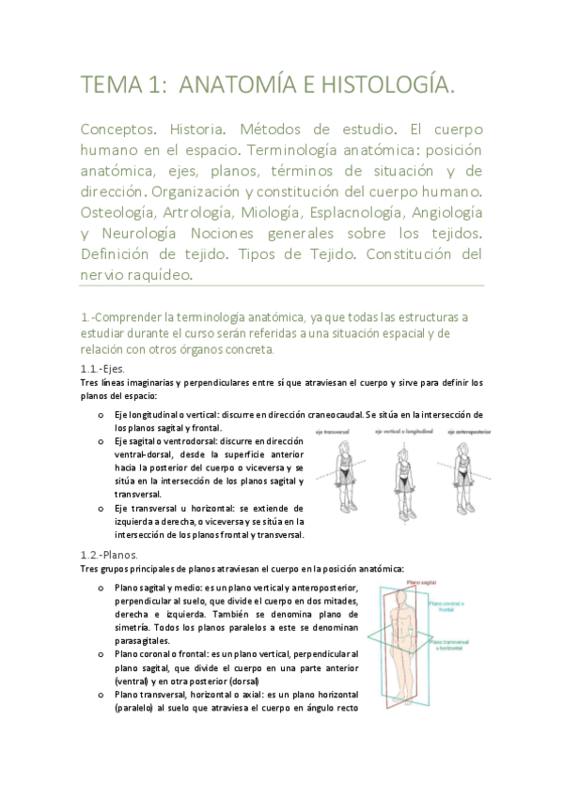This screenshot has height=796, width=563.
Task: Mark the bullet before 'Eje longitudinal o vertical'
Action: (x=102, y=415)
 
